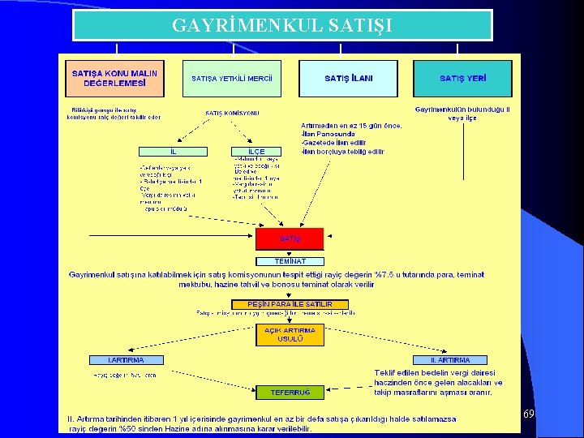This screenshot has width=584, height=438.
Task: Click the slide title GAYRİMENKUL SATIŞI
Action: [282, 25]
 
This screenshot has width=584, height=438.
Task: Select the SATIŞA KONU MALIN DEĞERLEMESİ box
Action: [114, 78]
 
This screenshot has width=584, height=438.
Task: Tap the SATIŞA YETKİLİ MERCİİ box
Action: [232, 79]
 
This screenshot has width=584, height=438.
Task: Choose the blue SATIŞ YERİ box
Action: [463, 79]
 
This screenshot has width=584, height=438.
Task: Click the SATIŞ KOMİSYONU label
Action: [232, 114]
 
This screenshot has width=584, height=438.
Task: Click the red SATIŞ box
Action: [290, 238]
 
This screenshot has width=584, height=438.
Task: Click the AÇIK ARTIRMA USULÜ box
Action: [290, 334]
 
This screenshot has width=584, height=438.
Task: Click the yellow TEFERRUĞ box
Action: [290, 393]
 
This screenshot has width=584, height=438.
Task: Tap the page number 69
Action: [527, 414]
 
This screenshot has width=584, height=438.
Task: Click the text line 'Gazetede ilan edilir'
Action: [336, 143]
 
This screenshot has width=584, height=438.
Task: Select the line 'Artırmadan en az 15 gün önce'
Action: [351, 126]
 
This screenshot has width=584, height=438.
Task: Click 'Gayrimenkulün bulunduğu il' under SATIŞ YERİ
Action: [462, 109]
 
